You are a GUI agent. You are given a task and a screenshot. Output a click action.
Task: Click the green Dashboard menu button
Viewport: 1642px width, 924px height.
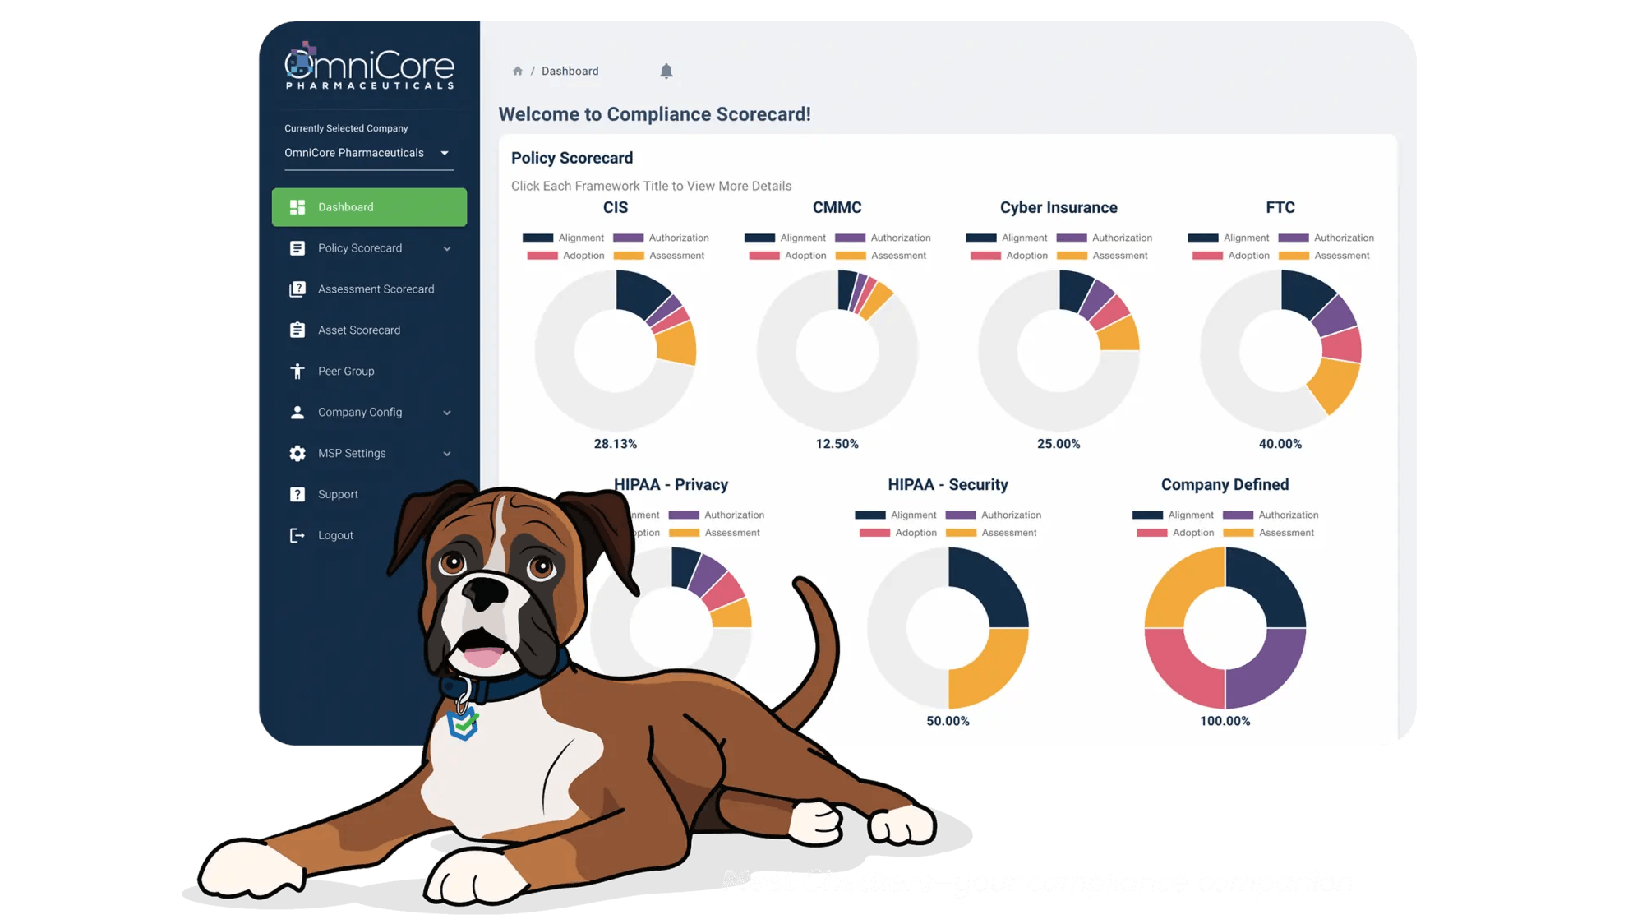[369, 207]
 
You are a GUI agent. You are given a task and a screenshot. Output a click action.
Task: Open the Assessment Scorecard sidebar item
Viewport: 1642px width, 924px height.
[376, 289]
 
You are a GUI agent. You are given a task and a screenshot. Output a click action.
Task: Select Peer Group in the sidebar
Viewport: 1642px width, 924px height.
[346, 372]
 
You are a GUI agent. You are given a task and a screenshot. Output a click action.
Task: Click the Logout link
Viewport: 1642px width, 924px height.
[335, 535]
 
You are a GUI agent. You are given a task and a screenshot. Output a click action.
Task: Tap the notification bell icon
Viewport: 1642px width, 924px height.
[666, 72]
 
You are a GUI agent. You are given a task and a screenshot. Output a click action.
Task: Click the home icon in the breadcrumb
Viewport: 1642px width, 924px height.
[518, 72]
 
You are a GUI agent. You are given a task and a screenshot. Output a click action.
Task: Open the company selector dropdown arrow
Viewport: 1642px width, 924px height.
[445, 153]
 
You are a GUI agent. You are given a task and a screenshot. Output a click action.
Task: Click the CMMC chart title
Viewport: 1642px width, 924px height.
[837, 208]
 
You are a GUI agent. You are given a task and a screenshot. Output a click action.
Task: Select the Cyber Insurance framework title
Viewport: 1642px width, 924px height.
[1059, 208]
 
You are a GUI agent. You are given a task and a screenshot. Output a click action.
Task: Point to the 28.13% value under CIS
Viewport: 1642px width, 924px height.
[615, 444]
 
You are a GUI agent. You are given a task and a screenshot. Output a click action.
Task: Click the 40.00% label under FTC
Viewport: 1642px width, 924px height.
[1280, 444]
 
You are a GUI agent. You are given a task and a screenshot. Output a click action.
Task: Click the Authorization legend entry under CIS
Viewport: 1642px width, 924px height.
[678, 238]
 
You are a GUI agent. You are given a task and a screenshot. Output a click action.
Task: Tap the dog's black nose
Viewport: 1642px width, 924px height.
[486, 591]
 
